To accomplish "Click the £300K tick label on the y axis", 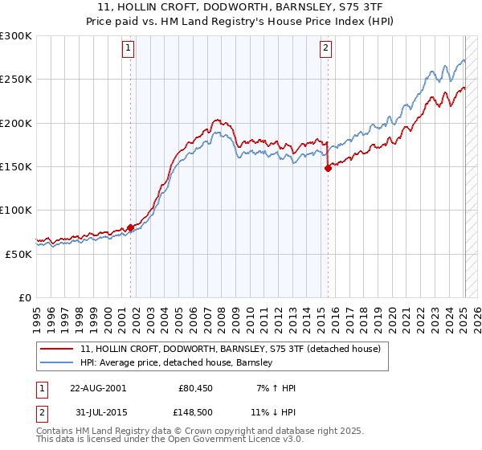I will tap(16, 36).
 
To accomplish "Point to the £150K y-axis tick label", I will tap(16, 167).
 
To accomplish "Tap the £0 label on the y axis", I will tap(25, 297).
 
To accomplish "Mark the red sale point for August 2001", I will tap(130, 227).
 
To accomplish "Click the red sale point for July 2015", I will tap(328, 168).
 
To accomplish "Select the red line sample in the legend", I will tap(57, 349).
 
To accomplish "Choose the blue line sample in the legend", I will tap(57, 363).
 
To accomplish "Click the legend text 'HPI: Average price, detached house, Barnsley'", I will tap(177, 363).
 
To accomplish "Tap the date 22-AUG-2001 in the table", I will tap(98, 388).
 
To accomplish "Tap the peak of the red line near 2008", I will tap(217, 120).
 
